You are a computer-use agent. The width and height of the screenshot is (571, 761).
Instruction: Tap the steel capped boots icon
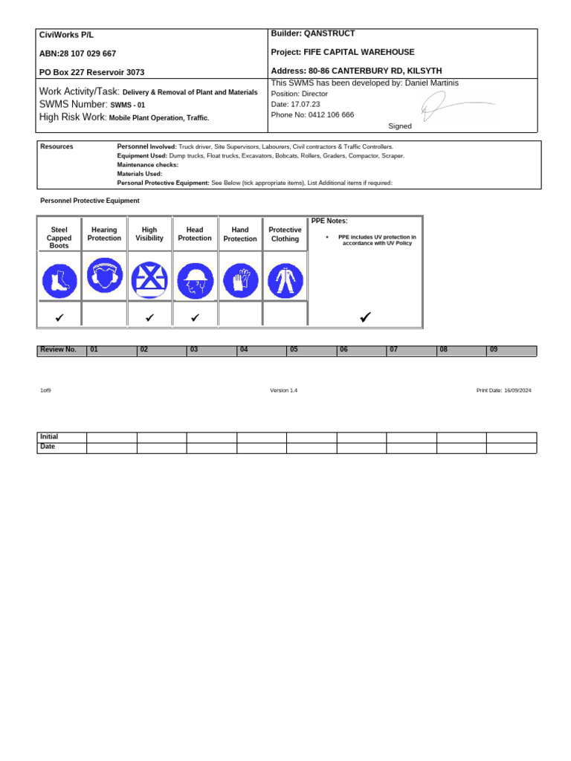coord(59,281)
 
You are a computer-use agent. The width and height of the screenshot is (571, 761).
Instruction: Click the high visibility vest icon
coord(149,281)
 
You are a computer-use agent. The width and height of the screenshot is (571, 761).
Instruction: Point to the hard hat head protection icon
coord(195,281)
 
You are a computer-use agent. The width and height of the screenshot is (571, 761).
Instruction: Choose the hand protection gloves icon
coord(240,281)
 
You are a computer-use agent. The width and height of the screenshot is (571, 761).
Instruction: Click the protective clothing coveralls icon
coord(285,281)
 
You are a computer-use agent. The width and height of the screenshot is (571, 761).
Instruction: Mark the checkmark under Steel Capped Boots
coord(59,317)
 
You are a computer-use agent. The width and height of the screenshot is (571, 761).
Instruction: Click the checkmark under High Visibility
coord(149,317)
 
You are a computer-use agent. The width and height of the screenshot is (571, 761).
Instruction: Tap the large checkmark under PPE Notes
coord(364,317)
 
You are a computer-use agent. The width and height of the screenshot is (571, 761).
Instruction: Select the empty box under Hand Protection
coord(240,315)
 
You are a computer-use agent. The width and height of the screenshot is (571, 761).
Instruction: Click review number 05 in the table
coord(294,349)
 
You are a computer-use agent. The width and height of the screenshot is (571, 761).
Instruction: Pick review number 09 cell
coord(494,349)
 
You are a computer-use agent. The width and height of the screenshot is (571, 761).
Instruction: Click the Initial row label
coord(49,437)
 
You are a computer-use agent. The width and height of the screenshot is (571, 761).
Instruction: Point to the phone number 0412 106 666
coord(323,115)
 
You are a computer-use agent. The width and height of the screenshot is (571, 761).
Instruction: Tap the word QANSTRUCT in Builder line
coord(330,33)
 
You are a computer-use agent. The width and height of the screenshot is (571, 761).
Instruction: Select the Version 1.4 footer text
coord(283,391)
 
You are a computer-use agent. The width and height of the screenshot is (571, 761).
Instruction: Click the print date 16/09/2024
coord(517,391)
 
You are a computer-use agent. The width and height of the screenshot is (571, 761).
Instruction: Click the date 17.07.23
coord(306,105)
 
